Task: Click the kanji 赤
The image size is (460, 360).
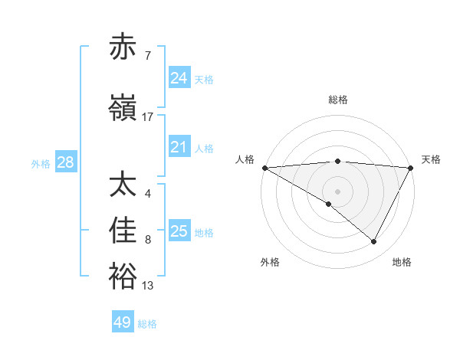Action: click(x=123, y=47)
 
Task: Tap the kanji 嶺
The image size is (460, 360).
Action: click(x=123, y=109)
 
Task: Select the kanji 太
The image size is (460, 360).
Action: click(x=123, y=185)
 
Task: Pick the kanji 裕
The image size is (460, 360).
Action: click(x=123, y=277)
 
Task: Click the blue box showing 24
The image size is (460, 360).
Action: click(x=179, y=77)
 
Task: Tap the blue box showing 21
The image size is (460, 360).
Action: click(x=179, y=147)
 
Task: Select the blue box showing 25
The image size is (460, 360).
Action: click(x=179, y=231)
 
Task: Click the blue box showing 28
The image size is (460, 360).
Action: click(x=65, y=162)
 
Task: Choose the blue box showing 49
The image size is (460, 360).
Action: click(x=123, y=322)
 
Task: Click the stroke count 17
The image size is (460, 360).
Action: click(x=148, y=117)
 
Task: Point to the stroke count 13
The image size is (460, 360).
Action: click(x=148, y=286)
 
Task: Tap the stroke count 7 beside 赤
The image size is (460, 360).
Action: click(x=148, y=56)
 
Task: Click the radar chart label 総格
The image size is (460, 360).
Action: click(x=338, y=100)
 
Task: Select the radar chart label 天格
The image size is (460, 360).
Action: click(x=431, y=159)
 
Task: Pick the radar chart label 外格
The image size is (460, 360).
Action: click(x=270, y=262)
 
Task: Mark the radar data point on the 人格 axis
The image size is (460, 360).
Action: click(x=264, y=168)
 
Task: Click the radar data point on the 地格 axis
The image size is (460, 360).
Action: click(x=374, y=241)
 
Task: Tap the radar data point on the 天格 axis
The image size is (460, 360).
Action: click(x=411, y=168)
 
